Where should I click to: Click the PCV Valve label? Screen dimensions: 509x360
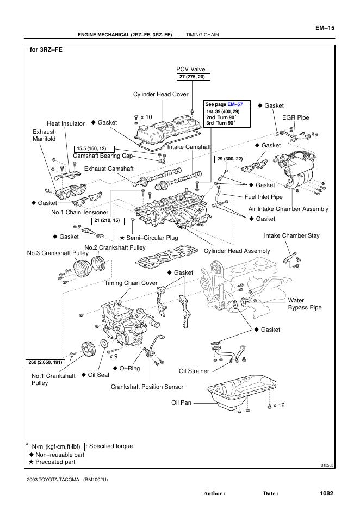[x=190, y=70]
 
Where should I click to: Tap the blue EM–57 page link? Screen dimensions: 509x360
[x=235, y=104]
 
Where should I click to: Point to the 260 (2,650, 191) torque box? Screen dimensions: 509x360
[x=46, y=362]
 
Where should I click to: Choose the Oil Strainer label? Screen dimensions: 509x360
[x=194, y=371]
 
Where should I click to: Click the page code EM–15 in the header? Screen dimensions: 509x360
[x=324, y=27]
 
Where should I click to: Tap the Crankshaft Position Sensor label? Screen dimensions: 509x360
[x=147, y=387]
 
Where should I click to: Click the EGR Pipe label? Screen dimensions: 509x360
[x=296, y=117]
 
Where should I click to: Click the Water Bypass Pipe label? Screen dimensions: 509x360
[x=305, y=304]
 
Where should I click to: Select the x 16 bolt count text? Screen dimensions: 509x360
[x=279, y=405]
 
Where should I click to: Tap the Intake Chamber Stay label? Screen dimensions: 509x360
[x=291, y=236]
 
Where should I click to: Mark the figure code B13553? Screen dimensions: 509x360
[x=326, y=465]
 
